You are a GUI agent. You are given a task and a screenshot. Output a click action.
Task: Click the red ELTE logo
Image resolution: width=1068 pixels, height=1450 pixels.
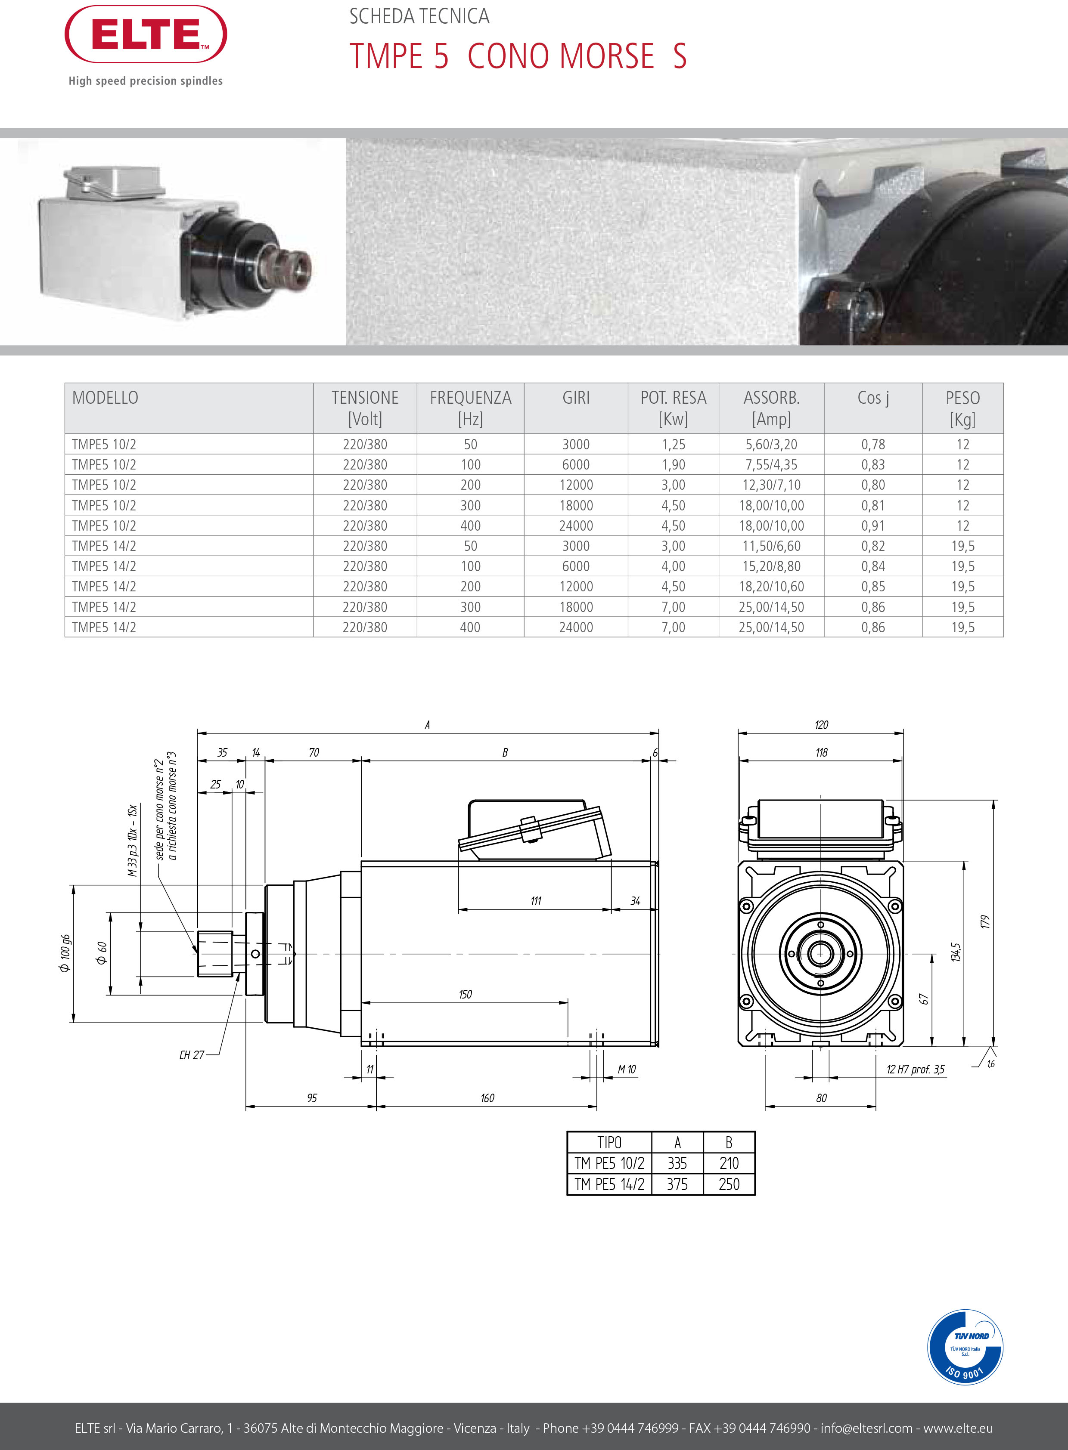(146, 34)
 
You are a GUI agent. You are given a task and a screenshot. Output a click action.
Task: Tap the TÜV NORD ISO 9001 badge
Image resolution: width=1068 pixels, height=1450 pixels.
(965, 1347)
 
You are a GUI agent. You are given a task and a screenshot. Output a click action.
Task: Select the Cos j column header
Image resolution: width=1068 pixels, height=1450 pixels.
(873, 398)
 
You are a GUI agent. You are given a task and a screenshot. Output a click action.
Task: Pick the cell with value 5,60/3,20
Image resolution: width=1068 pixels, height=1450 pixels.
(771, 445)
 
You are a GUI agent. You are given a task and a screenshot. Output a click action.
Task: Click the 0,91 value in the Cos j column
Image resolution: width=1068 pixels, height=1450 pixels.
(873, 526)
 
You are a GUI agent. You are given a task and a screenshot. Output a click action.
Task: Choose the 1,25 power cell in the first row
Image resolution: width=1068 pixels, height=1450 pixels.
(673, 445)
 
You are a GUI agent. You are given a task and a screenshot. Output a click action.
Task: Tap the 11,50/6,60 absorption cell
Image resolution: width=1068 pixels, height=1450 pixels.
(771, 546)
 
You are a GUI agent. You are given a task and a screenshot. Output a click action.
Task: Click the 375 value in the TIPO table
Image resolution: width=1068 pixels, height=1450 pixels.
(677, 1184)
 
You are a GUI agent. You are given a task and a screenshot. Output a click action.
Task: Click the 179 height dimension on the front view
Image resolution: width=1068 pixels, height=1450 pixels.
(984, 922)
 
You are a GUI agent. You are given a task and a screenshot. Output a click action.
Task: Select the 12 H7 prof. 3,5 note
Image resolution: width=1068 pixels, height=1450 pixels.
(915, 1070)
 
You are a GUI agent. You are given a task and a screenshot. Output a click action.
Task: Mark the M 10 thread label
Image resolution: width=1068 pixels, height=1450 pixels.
(627, 1070)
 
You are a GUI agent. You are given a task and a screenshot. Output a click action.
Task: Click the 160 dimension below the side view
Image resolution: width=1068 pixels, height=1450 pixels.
(487, 1098)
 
